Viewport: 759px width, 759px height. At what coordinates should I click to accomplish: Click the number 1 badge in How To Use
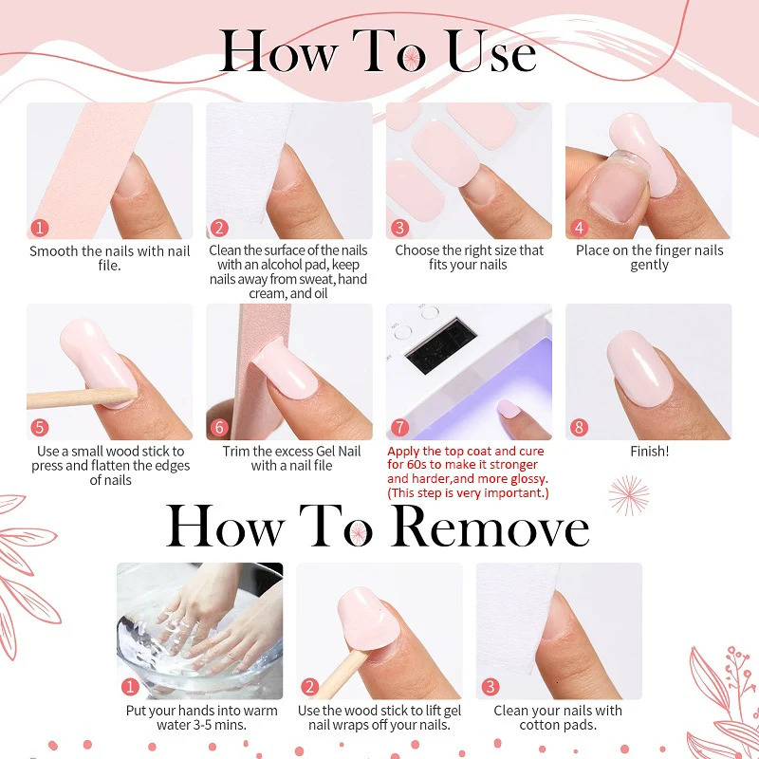[x=39, y=228]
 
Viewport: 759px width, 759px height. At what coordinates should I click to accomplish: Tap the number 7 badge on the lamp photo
[x=398, y=428]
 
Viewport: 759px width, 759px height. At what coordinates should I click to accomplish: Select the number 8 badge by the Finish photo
[x=579, y=428]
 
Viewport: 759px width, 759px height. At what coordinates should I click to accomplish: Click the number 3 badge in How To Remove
[x=490, y=687]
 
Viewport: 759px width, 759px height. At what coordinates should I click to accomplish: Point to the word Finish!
[x=649, y=452]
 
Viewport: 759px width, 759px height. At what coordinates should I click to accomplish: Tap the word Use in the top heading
[x=491, y=52]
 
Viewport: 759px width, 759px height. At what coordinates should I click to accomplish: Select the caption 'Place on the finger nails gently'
[x=649, y=257]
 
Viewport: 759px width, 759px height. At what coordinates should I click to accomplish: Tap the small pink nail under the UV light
[x=509, y=409]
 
